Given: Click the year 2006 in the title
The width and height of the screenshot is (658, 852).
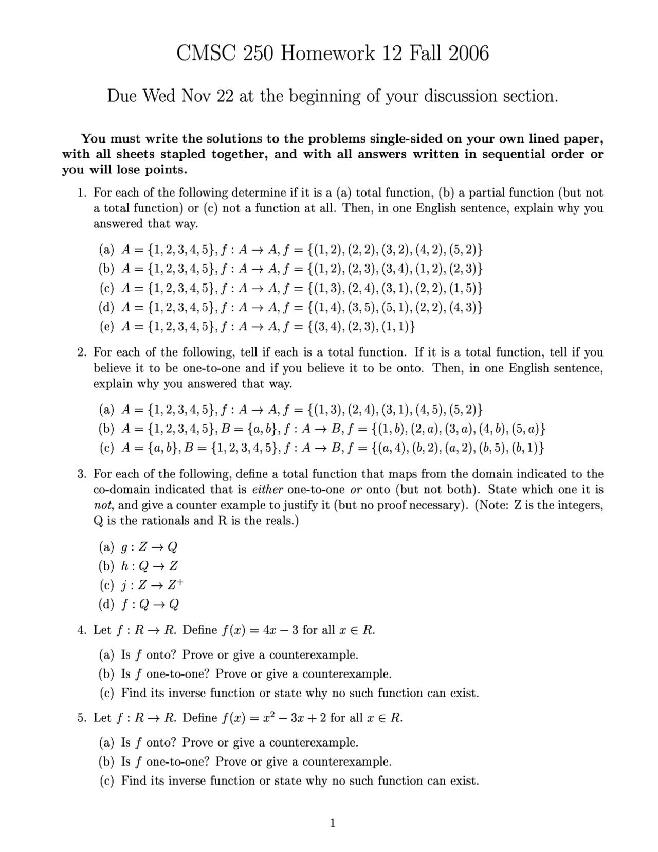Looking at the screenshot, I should pyautogui.click(x=468, y=53).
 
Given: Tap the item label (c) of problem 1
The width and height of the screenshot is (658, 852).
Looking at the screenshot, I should pyautogui.click(x=106, y=288).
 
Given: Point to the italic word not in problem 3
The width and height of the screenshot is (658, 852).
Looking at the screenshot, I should pyautogui.click(x=103, y=505).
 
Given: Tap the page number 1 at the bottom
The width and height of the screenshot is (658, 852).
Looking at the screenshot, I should pyautogui.click(x=333, y=823).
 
